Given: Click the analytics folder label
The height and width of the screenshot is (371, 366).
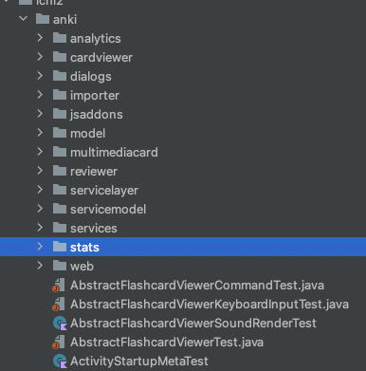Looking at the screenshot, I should [x=95, y=38].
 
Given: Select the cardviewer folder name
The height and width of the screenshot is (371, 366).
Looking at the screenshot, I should [x=101, y=57].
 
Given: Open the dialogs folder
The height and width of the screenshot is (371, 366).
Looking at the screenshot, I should [x=90, y=76].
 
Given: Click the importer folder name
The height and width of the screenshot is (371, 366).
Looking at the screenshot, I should [x=94, y=95].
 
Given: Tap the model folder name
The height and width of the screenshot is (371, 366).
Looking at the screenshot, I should [x=87, y=133].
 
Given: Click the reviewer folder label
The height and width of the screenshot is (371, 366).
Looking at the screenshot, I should [x=93, y=171].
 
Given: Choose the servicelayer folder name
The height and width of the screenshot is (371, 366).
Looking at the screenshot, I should [x=103, y=190].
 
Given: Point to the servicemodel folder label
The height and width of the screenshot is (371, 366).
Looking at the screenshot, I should [x=107, y=209].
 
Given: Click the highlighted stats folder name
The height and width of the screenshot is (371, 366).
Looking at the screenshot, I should [x=84, y=247].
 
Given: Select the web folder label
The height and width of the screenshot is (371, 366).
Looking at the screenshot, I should [x=82, y=266].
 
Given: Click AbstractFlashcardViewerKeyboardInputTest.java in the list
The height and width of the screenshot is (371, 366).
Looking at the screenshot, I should [x=209, y=304].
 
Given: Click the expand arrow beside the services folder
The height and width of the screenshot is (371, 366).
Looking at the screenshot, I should [x=40, y=228].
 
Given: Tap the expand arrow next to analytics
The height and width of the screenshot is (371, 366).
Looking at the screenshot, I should [x=40, y=38].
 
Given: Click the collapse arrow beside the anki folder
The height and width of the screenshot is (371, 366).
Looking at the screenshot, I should [x=21, y=18].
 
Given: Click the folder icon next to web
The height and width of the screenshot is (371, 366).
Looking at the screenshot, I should [x=59, y=266].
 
